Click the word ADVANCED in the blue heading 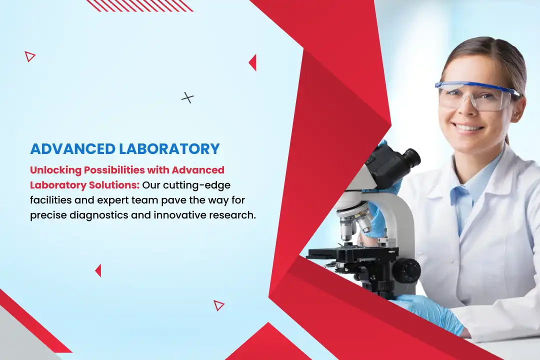(x=72, y=149)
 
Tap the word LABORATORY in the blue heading (x=169, y=149)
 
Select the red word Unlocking (x=55, y=170)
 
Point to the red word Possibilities (x=114, y=170)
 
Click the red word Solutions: (x=114, y=185)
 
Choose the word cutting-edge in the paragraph (x=196, y=185)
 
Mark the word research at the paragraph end (x=231, y=215)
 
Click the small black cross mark (x=187, y=98)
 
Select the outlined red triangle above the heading (x=29, y=56)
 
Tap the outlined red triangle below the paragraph (x=218, y=305)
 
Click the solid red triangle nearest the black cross (x=253, y=62)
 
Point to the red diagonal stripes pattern (x=139, y=6)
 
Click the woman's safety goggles (x=477, y=96)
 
